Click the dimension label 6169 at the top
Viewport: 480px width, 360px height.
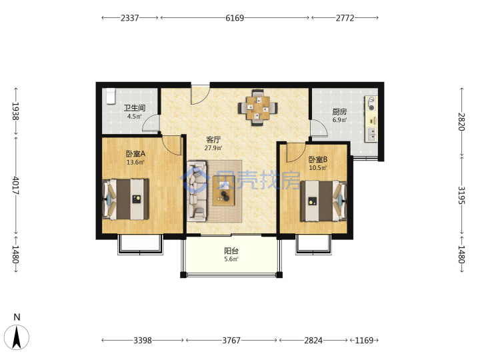[x=235, y=18]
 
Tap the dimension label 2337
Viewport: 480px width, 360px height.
[x=129, y=18]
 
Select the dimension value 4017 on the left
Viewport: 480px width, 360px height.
[x=15, y=185]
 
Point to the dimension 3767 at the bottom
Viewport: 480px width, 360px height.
[x=231, y=340]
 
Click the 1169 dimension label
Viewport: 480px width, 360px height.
[x=364, y=340]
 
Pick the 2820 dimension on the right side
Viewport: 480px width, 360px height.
[x=461, y=122]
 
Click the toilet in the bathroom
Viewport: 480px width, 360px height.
[x=110, y=95]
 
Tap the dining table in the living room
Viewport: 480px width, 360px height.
[x=258, y=107]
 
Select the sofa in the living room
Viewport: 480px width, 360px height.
[x=197, y=191]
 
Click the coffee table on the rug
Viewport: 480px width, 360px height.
[x=224, y=191]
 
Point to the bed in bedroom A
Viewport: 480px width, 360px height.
[x=125, y=199]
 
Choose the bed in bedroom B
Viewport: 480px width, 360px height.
[x=323, y=201]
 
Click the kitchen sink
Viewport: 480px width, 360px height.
[x=372, y=135]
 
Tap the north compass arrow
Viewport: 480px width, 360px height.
[x=17, y=337]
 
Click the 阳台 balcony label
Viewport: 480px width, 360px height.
[x=231, y=251]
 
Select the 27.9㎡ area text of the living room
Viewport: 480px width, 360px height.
[x=213, y=148]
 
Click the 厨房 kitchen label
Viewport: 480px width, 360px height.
[x=339, y=112]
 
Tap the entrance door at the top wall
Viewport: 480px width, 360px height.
[x=201, y=95]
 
